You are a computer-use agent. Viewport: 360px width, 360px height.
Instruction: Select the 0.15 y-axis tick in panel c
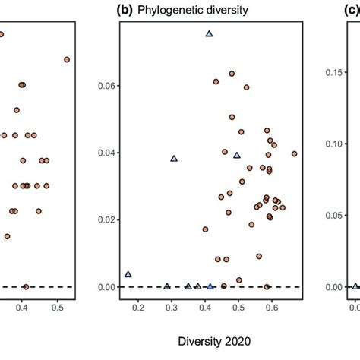click(x=333, y=72)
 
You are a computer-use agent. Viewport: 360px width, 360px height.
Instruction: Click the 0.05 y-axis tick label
click(x=333, y=215)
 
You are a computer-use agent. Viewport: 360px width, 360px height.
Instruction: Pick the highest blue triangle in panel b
click(x=209, y=34)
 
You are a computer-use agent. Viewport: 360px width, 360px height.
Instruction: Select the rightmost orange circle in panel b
click(x=295, y=153)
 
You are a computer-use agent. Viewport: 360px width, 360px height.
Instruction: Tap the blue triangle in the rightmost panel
click(x=355, y=286)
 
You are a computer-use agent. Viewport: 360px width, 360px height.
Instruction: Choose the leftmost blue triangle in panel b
click(x=128, y=274)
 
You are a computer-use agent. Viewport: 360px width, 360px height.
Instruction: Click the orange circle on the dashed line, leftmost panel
click(x=26, y=286)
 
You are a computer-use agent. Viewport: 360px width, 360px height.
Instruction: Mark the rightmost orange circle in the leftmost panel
click(x=67, y=59)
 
